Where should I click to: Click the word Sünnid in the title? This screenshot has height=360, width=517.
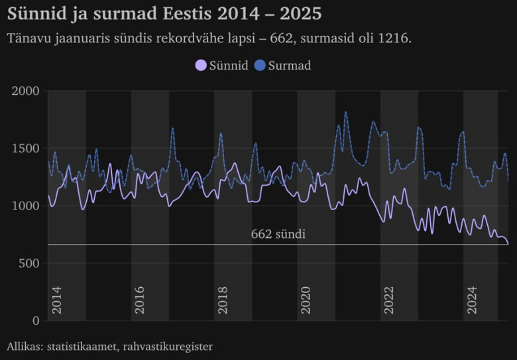tap(34, 13)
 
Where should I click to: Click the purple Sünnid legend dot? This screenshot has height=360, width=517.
tap(200, 66)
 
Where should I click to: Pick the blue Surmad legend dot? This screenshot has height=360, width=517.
tap(260, 66)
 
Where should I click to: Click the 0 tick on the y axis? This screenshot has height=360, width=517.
tap(36, 321)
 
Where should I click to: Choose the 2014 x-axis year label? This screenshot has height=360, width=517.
tap(57, 301)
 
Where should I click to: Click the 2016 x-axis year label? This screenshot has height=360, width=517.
tap(140, 301)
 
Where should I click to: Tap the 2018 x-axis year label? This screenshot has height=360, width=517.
tap(223, 301)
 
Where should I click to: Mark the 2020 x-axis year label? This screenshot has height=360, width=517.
tap(306, 301)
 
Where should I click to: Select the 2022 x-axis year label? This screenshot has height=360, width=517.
tap(389, 301)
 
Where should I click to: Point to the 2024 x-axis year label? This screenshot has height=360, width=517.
tap(472, 301)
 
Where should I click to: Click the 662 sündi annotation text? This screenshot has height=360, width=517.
tap(278, 234)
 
